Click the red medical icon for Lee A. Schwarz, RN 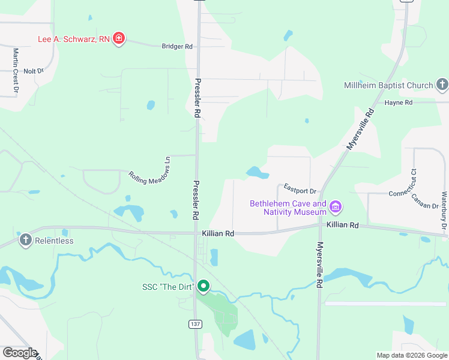119,39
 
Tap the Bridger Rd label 176,46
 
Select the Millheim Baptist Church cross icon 442,85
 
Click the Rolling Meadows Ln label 151,171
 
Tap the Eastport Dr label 300,191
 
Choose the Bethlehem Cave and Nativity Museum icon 335,208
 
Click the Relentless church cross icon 25,241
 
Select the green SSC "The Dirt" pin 203,286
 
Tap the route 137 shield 194,324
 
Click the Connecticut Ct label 403,193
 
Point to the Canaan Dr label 426,202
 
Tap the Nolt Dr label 34,71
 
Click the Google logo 20,353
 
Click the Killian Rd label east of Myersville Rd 342,225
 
